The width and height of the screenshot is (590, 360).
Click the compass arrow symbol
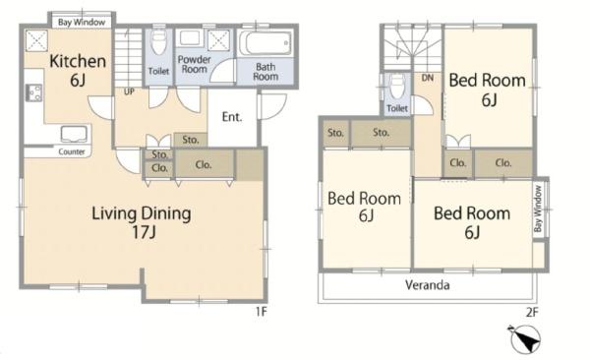[525, 339]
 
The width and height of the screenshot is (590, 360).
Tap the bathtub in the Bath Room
[265, 43]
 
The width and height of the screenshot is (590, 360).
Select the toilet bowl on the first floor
[158, 41]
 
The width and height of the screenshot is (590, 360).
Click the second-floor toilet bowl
[397, 87]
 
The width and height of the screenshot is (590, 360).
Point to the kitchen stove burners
[33, 92]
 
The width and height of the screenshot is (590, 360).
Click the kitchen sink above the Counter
[74, 134]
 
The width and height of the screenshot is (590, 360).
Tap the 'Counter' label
[72, 151]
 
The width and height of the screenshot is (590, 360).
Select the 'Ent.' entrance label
[232, 117]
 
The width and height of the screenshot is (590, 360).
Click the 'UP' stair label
[129, 91]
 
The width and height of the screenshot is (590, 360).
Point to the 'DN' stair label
[428, 78]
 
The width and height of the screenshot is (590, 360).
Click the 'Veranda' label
[428, 285]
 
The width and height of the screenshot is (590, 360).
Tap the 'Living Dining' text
[142, 213]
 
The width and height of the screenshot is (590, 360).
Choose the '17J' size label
[144, 232]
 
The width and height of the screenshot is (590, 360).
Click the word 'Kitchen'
[78, 61]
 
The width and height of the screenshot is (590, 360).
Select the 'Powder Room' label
[194, 64]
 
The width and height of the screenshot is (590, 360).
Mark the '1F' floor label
[262, 312]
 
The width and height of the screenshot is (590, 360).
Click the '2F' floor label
[532, 312]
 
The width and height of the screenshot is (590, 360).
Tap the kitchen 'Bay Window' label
[82, 23]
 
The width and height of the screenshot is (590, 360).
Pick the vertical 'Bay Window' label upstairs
[538, 209]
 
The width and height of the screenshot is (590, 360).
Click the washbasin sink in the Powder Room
[189, 38]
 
